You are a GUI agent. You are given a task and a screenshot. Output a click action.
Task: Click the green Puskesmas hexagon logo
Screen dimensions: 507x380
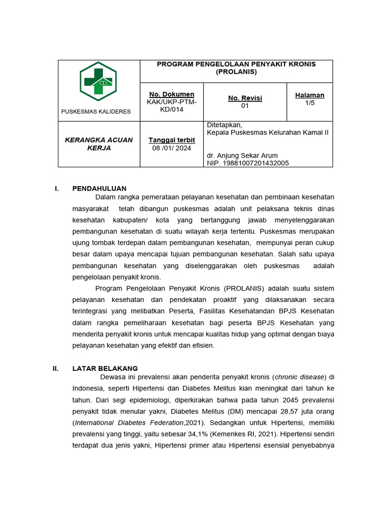98,81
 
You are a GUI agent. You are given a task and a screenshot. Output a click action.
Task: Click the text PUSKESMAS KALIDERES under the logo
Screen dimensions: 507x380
96,111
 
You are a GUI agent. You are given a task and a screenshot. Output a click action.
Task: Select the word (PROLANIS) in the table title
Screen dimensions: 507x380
236,72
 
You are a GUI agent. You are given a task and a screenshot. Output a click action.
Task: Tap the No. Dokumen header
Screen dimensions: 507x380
172,94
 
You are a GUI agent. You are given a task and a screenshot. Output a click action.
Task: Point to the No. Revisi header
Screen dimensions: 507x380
245,98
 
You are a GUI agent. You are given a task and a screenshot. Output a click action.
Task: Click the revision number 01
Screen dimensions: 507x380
245,105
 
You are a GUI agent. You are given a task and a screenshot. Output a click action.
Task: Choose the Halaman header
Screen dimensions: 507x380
310,95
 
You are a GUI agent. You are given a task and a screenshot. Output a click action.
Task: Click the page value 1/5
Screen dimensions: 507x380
310,102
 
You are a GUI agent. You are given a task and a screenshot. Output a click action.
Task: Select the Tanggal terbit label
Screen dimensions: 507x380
172,140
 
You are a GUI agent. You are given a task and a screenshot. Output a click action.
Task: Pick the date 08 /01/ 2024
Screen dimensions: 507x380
172,148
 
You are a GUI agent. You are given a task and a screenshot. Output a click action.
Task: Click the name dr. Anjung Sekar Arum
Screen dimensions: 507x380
242,155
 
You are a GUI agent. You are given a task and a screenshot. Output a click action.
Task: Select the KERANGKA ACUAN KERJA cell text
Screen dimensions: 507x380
99,144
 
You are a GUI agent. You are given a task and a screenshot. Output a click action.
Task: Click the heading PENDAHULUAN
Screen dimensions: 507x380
99,188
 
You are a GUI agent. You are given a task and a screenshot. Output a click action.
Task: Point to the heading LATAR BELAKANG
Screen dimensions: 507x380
105,368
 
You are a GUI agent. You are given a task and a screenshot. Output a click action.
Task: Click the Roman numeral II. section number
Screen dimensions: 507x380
56,368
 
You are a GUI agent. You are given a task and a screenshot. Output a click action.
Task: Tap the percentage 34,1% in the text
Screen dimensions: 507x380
195,434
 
